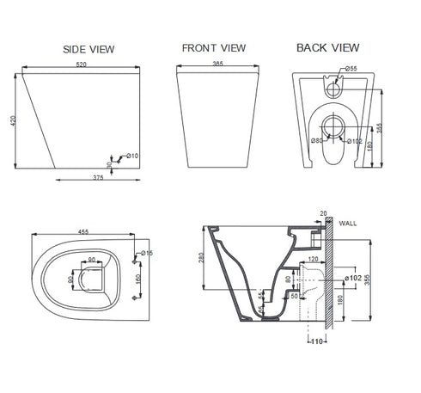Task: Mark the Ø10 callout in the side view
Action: (x=132, y=156)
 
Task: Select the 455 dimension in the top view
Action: (x=83, y=232)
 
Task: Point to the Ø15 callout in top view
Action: (x=145, y=252)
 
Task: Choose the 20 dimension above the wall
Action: (x=324, y=212)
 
